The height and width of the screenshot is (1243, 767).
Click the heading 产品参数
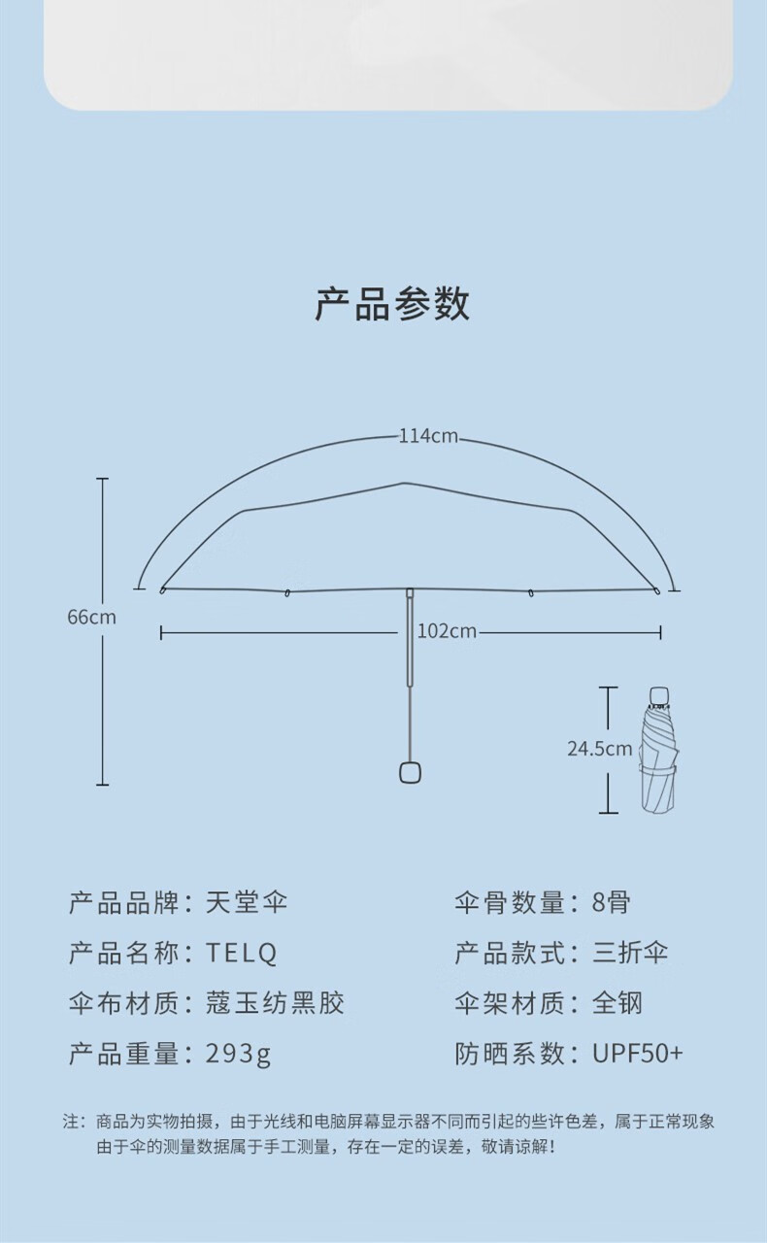(392, 304)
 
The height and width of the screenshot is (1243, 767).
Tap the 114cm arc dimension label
(428, 436)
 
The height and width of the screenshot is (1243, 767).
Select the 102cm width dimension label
(447, 631)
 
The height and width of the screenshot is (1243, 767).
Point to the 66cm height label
(91, 617)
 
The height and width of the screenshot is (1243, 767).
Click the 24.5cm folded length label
(599, 749)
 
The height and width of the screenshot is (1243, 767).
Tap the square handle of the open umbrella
(410, 772)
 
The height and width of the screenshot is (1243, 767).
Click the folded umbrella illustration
(659, 750)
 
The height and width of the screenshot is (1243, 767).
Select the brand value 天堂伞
(247, 902)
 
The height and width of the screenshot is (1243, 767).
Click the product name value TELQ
(242, 953)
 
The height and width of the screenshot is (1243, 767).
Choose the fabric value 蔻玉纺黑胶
(275, 1003)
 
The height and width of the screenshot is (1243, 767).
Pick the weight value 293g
(239, 1054)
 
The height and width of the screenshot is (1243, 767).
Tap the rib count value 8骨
(611, 902)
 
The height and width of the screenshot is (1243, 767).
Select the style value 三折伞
(630, 953)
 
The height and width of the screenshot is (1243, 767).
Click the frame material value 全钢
(617, 1003)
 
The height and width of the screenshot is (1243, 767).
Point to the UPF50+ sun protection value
(638, 1054)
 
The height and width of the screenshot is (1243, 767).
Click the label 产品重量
(123, 1054)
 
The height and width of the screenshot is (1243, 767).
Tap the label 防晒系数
(510, 1054)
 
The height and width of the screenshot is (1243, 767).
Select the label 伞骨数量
(510, 902)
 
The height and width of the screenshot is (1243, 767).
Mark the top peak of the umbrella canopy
(403, 484)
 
